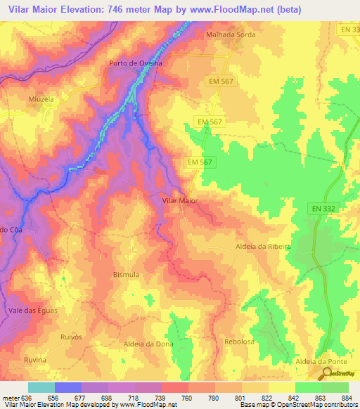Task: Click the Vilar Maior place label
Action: click(x=180, y=201)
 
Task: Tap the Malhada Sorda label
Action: click(x=229, y=34)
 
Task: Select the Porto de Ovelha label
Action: click(x=136, y=63)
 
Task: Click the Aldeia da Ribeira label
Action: click(x=262, y=247)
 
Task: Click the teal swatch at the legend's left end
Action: click(x=41, y=387)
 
